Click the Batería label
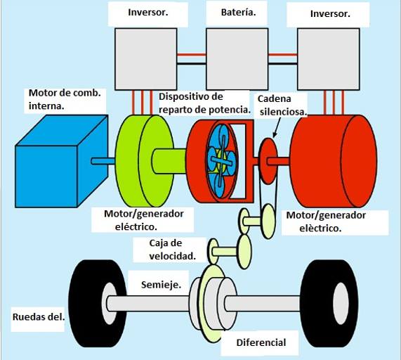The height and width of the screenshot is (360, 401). [x=238, y=12]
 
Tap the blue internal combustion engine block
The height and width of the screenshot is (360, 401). [x=61, y=161]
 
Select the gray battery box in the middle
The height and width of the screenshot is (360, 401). [x=237, y=59]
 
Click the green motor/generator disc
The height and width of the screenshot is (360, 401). [x=145, y=161]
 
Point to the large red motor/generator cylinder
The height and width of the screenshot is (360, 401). [x=333, y=161]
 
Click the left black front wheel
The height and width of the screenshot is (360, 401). [x=98, y=304]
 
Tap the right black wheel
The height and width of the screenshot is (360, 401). [x=329, y=304]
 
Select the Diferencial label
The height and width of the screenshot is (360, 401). [x=261, y=342]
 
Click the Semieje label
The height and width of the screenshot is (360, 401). [x=161, y=285]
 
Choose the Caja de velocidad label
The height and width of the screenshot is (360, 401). [x=173, y=250]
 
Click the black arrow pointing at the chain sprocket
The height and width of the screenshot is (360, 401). [x=277, y=128]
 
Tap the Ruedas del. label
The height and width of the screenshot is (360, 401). [x=39, y=317]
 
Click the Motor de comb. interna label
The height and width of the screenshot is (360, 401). [x=65, y=99]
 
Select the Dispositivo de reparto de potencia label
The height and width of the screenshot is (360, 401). [x=204, y=103]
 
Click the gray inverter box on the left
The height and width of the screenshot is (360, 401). [x=146, y=59]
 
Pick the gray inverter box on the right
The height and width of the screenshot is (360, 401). [x=329, y=59]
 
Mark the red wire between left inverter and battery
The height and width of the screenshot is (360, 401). [x=192, y=55]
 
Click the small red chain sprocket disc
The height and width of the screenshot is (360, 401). [x=268, y=161]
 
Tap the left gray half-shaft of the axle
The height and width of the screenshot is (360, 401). [x=148, y=304]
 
